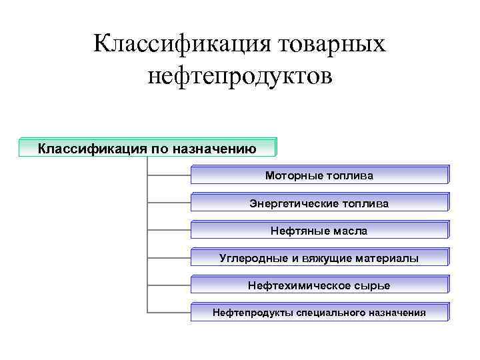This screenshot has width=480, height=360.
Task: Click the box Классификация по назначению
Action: [147, 147]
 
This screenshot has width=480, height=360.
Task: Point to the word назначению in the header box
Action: [215, 147]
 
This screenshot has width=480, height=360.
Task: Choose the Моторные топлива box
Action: [319, 175]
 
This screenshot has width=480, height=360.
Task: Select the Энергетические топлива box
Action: [319, 203]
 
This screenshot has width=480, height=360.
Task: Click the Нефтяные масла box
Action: [319, 230]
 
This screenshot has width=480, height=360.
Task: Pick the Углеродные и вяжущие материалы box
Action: [319, 257]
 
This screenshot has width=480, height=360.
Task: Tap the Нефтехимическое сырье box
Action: [319, 285]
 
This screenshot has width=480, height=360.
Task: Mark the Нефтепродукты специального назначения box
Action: [319, 312]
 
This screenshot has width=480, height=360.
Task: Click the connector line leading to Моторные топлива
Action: [168, 175]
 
